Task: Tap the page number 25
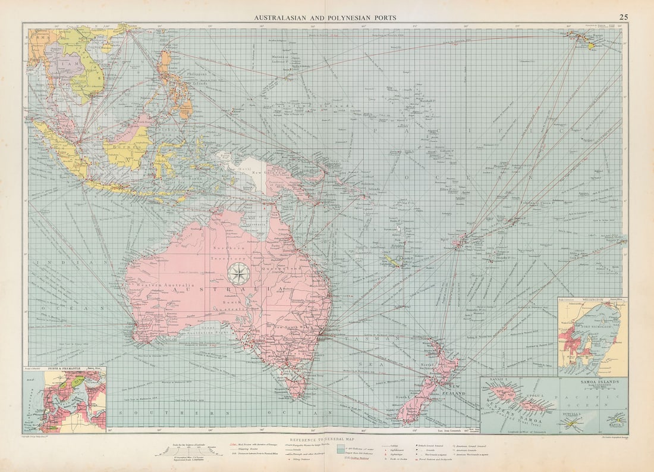(x=623, y=17)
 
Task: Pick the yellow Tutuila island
(x=572, y=421)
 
